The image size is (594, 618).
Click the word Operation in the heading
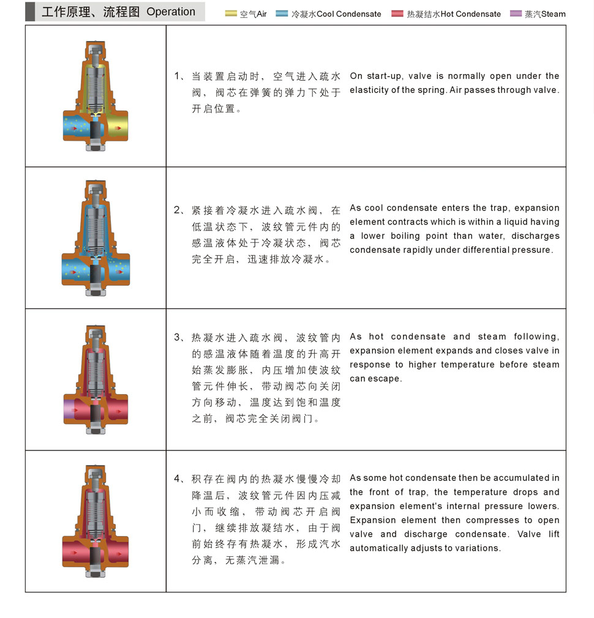point(171,12)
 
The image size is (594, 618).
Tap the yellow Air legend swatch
point(231,13)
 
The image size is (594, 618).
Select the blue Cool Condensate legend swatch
point(282,13)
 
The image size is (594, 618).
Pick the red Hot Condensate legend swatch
point(397,13)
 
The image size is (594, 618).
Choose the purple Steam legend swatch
point(516,13)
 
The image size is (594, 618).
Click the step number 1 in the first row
point(178,76)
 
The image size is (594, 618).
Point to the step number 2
point(178,210)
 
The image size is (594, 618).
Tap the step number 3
point(178,338)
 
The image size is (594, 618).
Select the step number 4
point(178,478)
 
